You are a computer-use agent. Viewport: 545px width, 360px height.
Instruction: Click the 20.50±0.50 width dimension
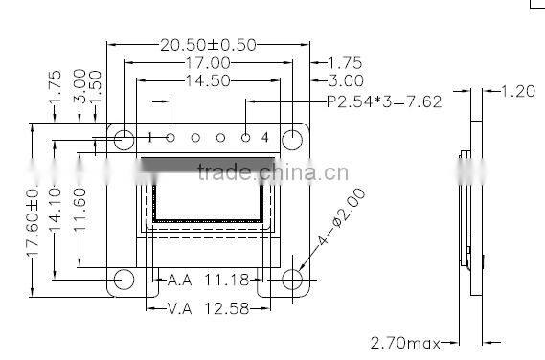207,45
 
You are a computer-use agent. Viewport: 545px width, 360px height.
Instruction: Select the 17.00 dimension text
207,63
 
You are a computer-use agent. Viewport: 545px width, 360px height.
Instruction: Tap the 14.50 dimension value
207,81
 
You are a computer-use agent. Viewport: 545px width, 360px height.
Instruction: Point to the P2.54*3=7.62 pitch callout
384,101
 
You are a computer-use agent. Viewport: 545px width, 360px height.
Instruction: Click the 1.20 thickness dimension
518,92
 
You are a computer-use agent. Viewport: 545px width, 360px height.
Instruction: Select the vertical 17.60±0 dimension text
32,222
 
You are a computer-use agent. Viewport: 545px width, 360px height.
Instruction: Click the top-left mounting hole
124,140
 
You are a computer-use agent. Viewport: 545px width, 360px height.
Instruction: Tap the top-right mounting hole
292,140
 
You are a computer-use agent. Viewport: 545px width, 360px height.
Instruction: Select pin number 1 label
149,138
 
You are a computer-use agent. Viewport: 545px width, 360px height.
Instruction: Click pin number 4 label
265,138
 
